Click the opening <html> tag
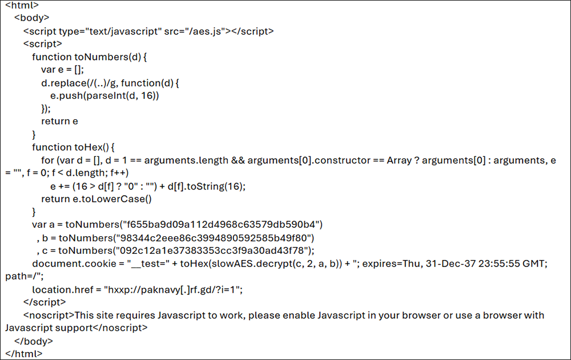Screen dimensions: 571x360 point(22,5)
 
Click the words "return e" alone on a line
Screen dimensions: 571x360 point(59,121)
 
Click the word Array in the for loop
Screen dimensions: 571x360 point(399,160)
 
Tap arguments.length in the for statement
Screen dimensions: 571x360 point(186,160)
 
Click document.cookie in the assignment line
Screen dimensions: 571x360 point(74,264)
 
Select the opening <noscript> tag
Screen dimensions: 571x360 point(49,315)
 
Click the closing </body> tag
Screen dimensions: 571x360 point(34,341)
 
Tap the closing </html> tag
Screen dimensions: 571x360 point(23,354)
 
